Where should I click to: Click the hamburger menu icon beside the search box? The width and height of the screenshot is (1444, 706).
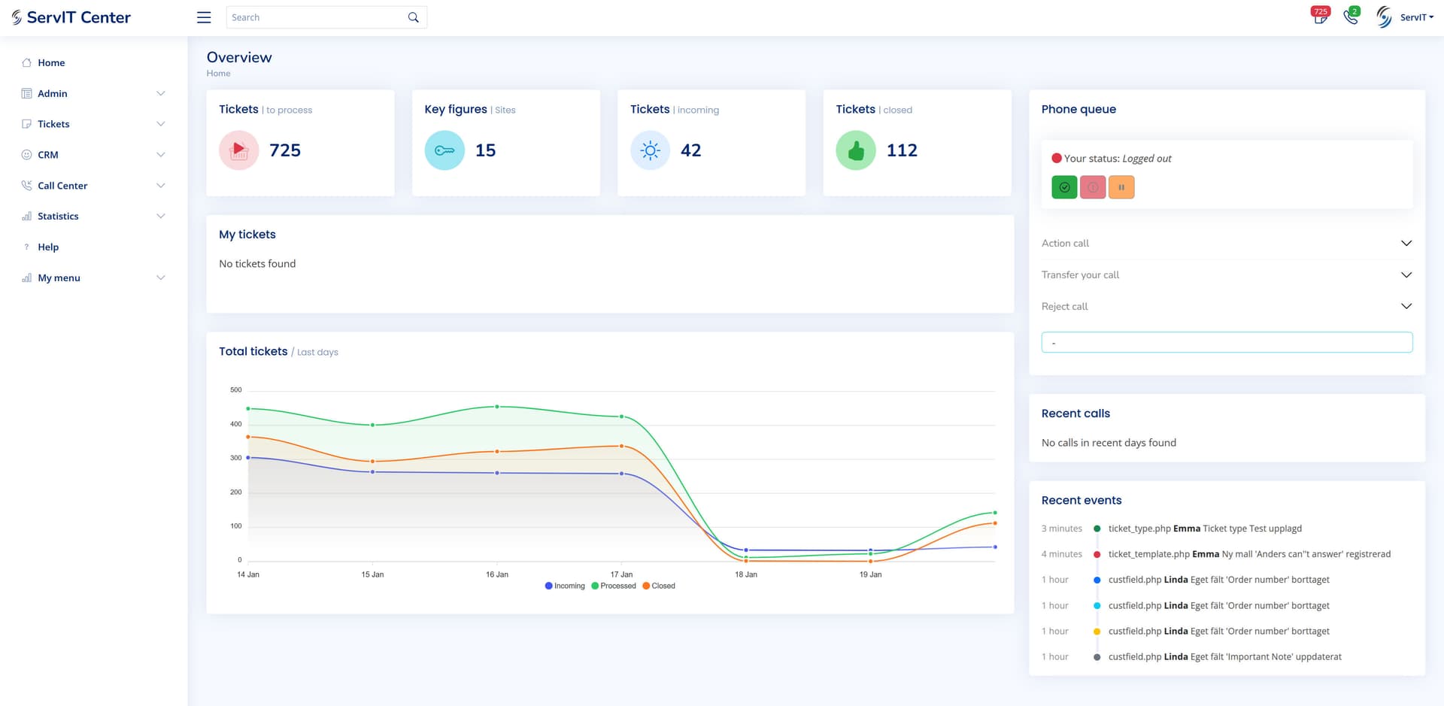tap(204, 17)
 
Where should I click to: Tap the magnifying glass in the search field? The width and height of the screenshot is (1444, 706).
tap(413, 17)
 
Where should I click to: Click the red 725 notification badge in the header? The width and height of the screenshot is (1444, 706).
tap(1321, 11)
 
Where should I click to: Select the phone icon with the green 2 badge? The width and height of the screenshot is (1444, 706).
tap(1351, 17)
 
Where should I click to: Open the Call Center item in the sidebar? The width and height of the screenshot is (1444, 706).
tap(62, 186)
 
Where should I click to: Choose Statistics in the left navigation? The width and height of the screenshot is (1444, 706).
tap(58, 217)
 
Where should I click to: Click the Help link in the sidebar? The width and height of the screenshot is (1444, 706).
tap(48, 247)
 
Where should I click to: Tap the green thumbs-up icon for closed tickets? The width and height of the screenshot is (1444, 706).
tap(856, 150)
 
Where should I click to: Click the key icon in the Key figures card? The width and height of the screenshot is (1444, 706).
tap(444, 150)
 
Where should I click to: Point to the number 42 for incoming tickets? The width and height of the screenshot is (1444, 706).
tap(690, 150)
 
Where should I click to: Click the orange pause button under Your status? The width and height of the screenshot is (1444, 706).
tap(1121, 187)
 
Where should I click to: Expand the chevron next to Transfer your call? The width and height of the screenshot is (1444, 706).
tap(1406, 274)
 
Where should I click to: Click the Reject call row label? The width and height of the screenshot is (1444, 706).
tap(1064, 307)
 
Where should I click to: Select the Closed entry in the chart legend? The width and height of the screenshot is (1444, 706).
tap(659, 586)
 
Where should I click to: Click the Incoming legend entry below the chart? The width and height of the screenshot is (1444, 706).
tap(565, 586)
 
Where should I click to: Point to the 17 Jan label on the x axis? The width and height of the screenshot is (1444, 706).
tap(621, 574)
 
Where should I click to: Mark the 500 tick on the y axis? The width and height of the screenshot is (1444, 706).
tap(236, 389)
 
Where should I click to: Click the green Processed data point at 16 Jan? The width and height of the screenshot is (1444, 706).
tap(497, 407)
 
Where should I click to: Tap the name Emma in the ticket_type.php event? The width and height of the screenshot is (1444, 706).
tap(1187, 529)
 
